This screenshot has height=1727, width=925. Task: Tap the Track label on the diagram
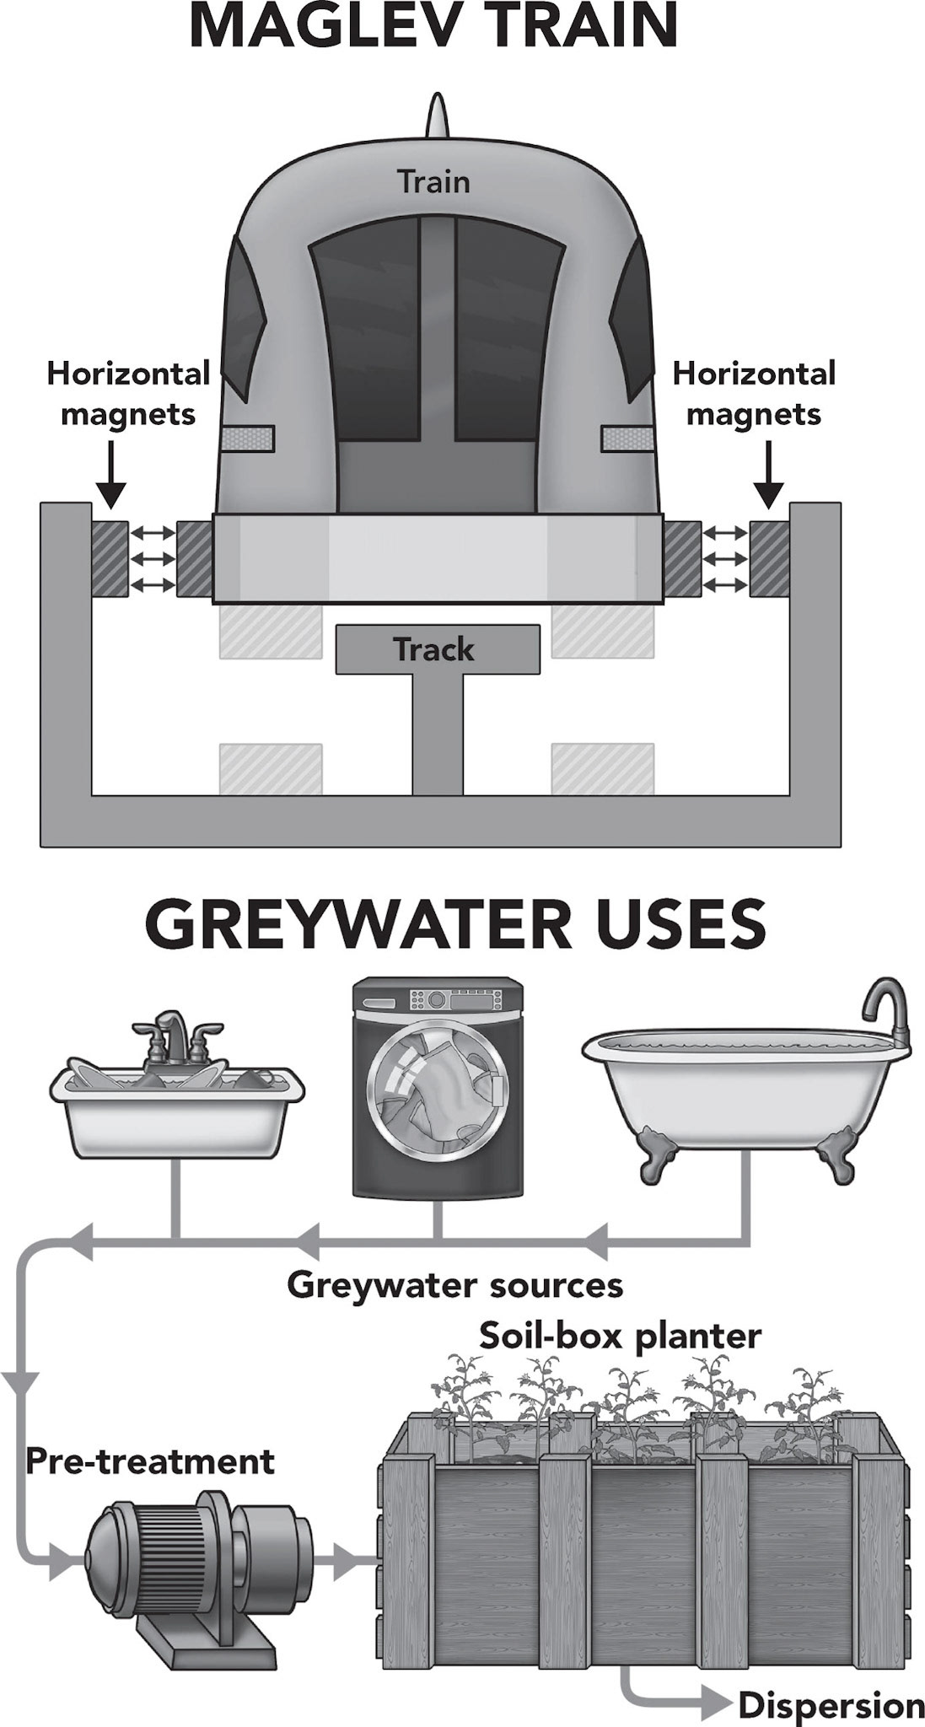pos(433,649)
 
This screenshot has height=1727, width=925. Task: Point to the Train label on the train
pos(433,182)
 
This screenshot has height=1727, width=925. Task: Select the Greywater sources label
pos(454,1285)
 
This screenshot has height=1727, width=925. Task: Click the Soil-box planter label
pos(620,1336)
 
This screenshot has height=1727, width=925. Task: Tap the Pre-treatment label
pos(150,1461)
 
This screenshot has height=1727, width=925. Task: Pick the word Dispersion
pos(831,1706)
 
